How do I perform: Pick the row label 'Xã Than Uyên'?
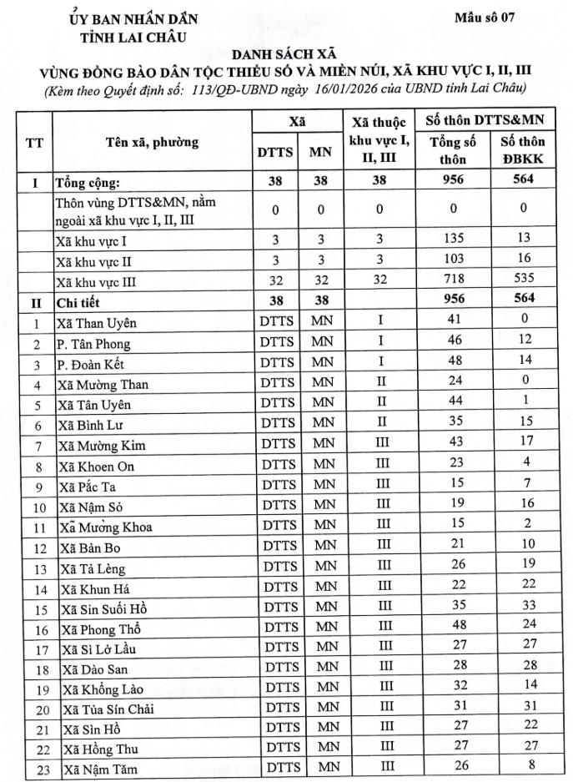tap(96, 323)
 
